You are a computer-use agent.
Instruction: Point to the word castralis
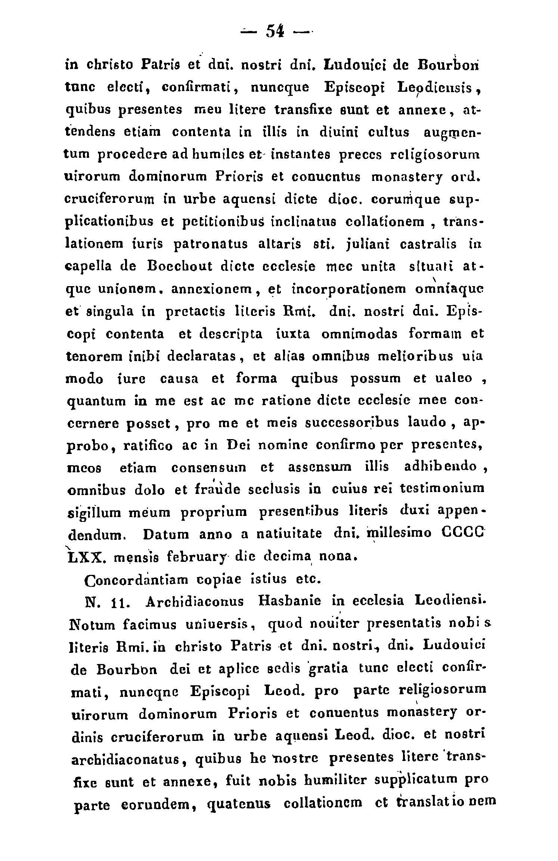428,244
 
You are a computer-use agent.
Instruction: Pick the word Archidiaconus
195,601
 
